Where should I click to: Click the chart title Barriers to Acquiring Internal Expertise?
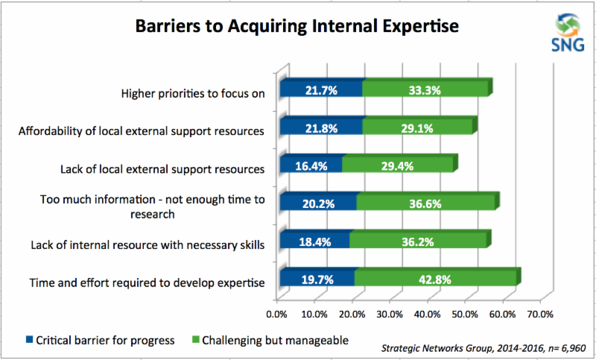tap(297, 27)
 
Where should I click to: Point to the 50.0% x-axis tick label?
tap(466, 315)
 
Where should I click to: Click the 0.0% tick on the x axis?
tap(276, 315)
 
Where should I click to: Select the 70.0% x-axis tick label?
tap(541, 315)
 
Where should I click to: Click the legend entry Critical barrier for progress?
tap(101, 340)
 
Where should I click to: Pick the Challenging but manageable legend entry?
tap(270, 340)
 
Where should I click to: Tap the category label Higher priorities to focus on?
tap(193, 93)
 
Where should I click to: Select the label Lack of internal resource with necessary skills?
tap(148, 244)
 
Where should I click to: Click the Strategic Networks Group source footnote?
tap(484, 348)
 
